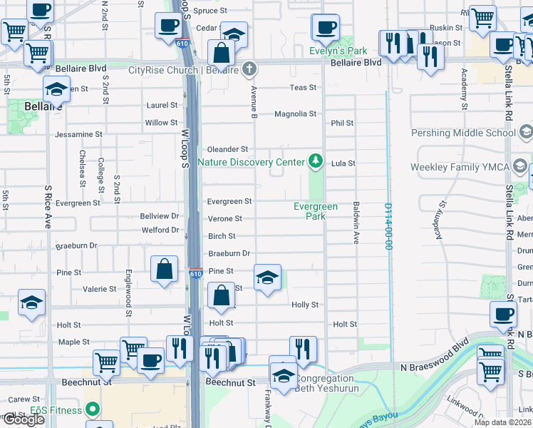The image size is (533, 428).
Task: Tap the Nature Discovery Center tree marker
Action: pyautogui.click(x=314, y=162)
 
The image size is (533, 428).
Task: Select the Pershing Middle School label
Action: pyautogui.click(x=463, y=133)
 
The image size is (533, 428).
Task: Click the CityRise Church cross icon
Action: pyautogui.click(x=248, y=69)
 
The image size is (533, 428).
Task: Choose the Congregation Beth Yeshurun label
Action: pyautogui.click(x=324, y=383)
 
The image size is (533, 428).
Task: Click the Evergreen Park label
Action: pyautogui.click(x=316, y=211)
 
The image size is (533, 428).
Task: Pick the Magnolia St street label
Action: pyautogui.click(x=295, y=114)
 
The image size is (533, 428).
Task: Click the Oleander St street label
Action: pyautogui.click(x=227, y=149)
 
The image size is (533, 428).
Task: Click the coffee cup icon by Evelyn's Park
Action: pyautogui.click(x=326, y=28)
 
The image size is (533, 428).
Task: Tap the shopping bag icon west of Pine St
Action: pyautogui.click(x=165, y=270)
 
